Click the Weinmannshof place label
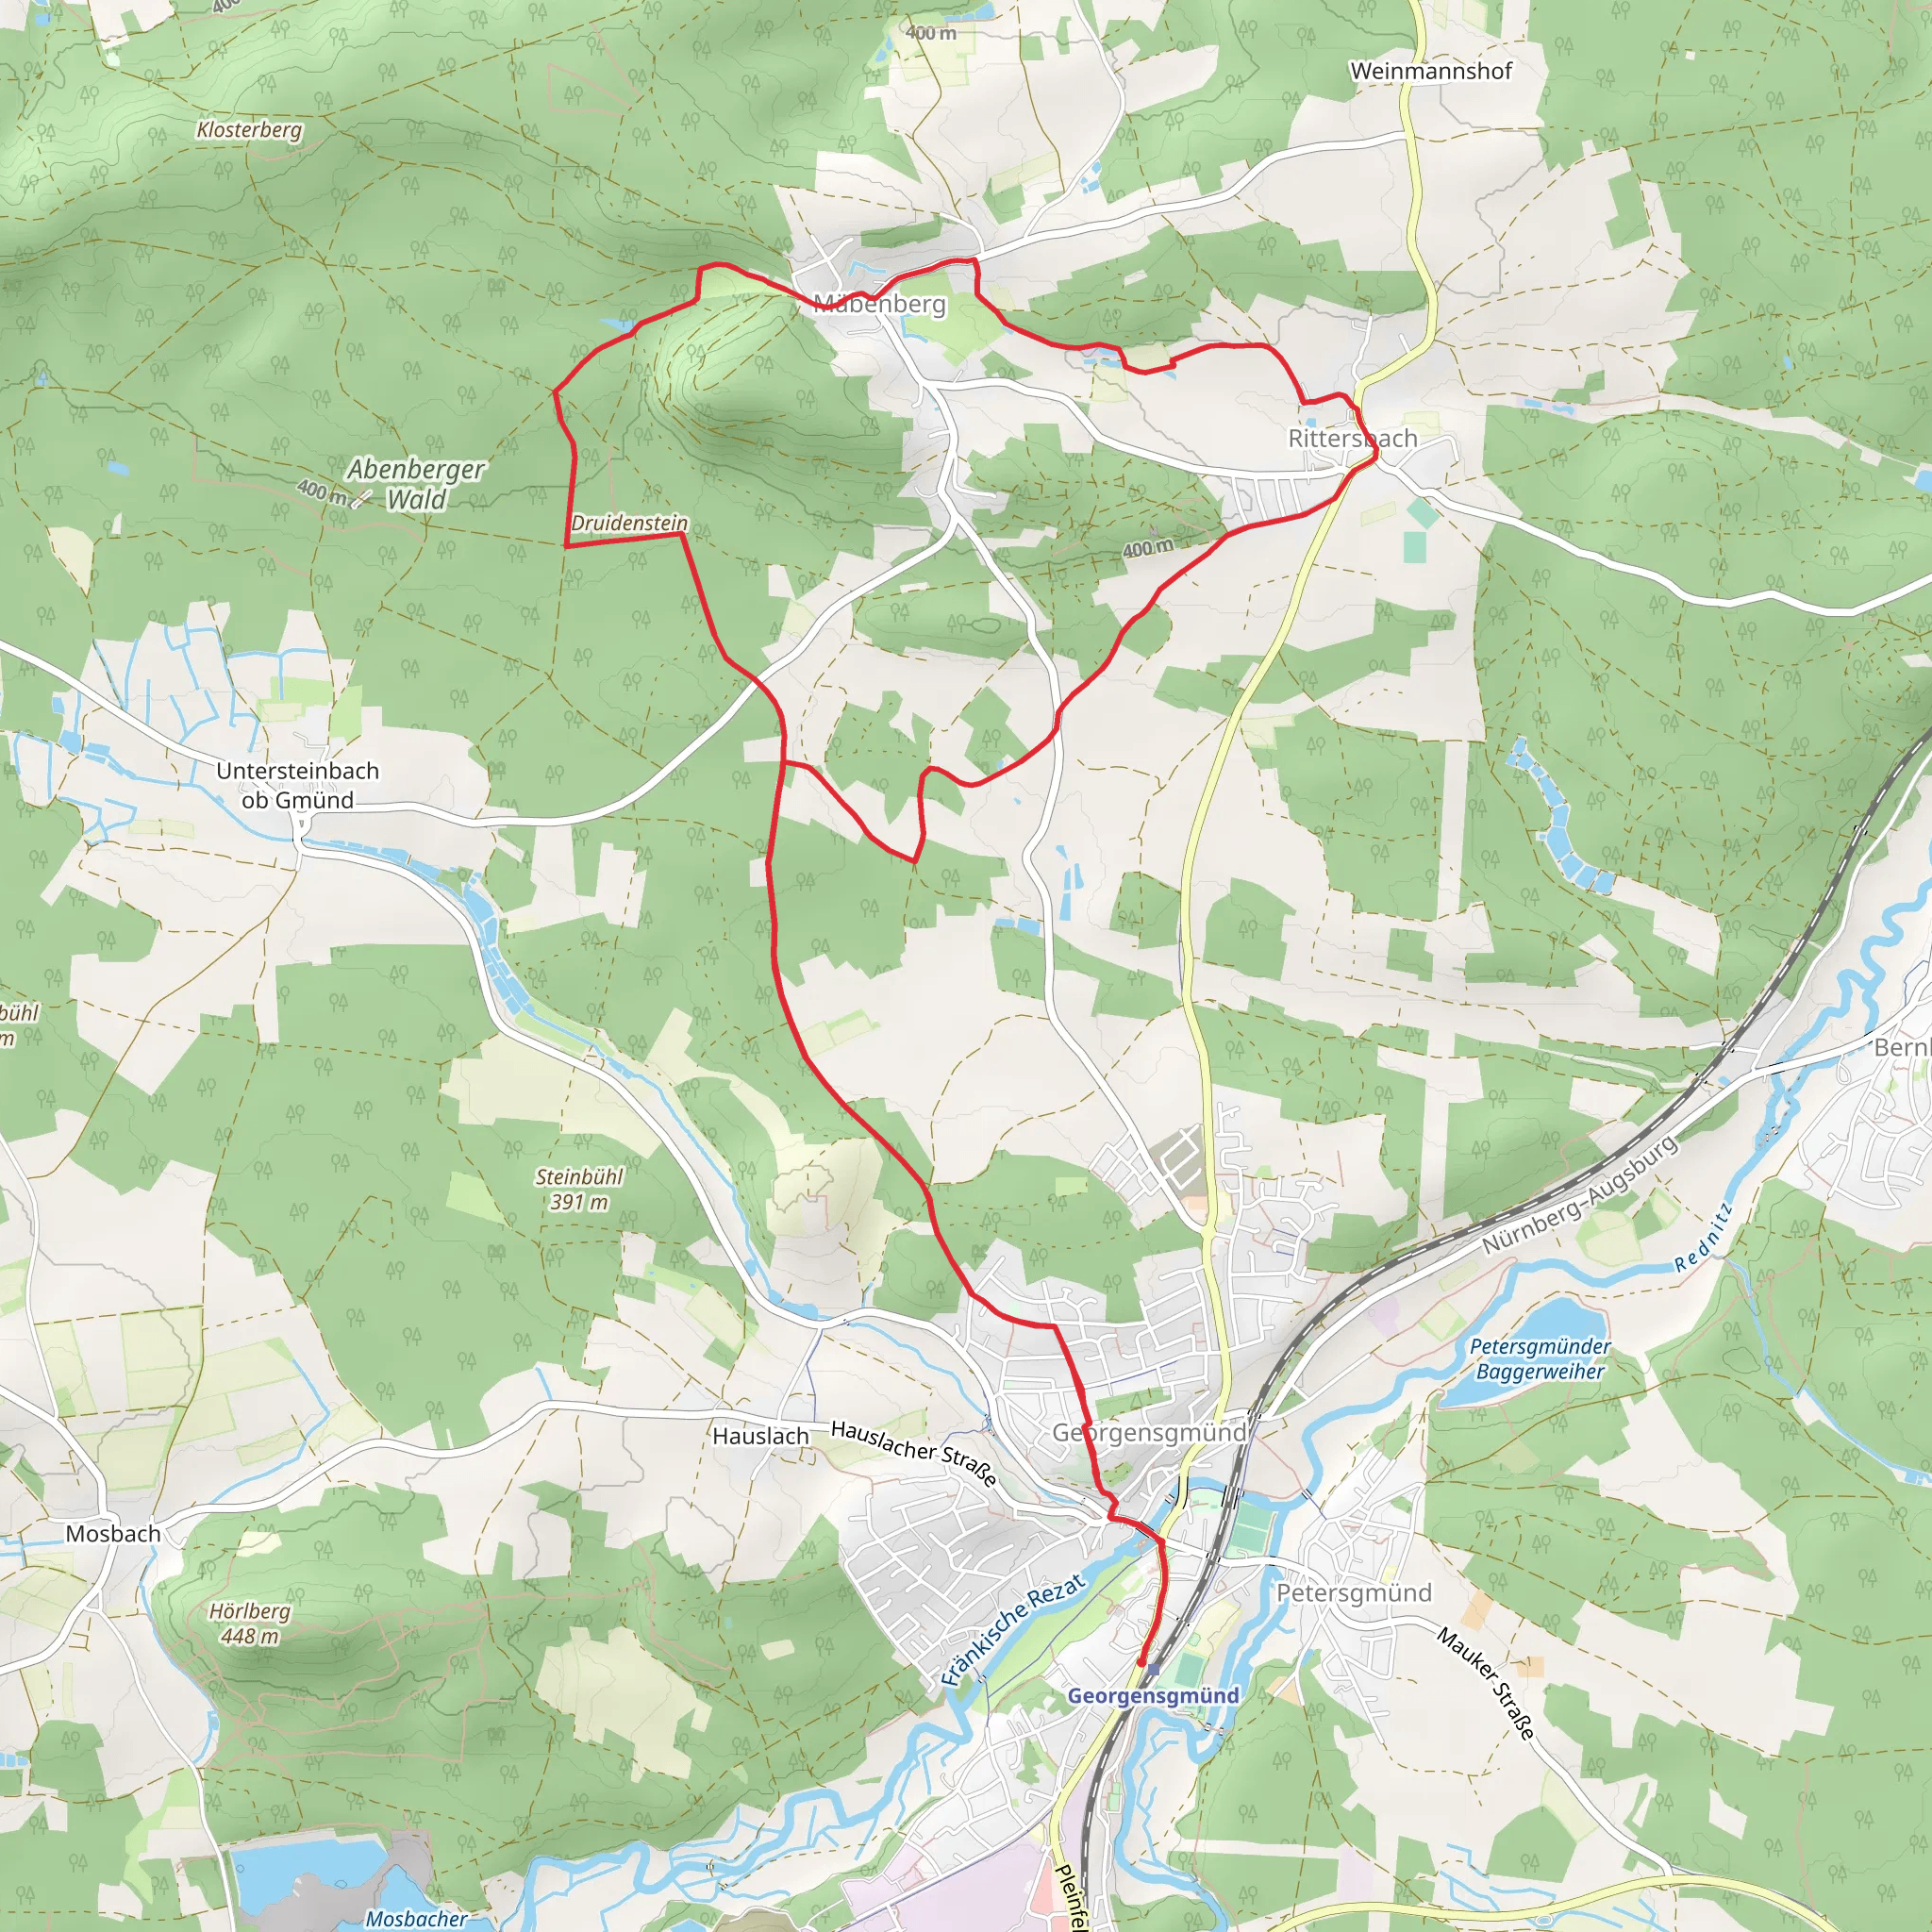(x=1430, y=71)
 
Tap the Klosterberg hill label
(x=249, y=130)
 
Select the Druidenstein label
(x=629, y=523)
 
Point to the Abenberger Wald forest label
(x=415, y=484)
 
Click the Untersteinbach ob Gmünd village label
(x=298, y=785)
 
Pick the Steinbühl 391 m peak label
(x=578, y=1189)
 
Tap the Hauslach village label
(x=760, y=1436)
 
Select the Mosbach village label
(x=113, y=1534)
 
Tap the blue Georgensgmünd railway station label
(x=1153, y=1696)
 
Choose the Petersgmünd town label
(x=1354, y=1592)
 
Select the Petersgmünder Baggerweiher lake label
(x=1540, y=1359)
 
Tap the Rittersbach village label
(x=1352, y=439)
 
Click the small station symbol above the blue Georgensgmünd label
(x=1153, y=1669)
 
